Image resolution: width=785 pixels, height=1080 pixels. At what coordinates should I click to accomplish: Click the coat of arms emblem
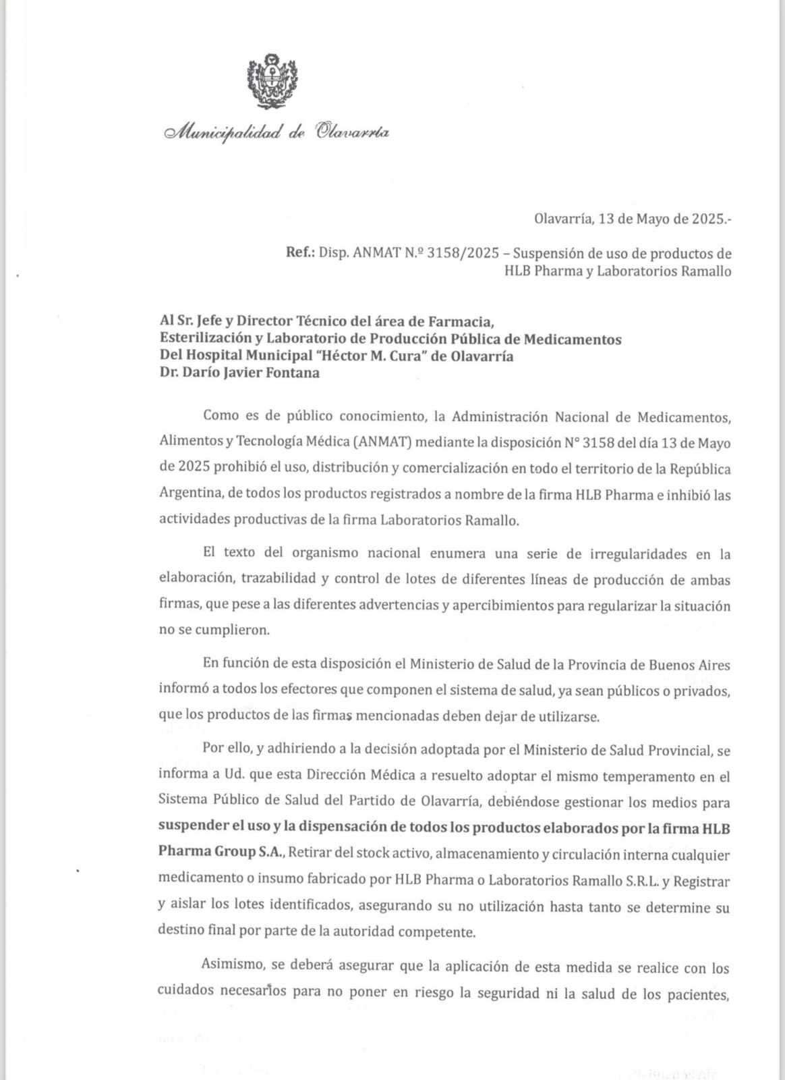click(x=272, y=82)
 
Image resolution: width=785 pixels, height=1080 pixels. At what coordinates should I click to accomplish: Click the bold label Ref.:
click(x=300, y=253)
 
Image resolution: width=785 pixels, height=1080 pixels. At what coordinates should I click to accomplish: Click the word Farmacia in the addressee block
click(x=452, y=321)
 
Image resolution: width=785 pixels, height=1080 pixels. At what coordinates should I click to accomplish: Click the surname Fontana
click(x=286, y=373)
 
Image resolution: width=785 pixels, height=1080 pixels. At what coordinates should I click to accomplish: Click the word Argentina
click(x=190, y=495)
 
